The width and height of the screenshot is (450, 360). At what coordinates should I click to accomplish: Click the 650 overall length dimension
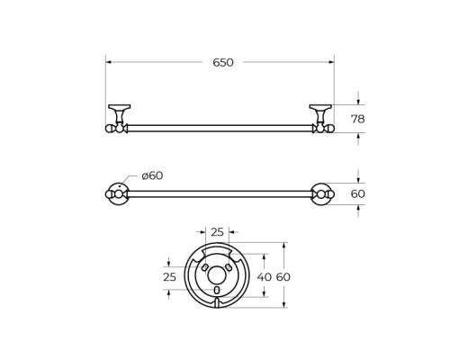(223, 62)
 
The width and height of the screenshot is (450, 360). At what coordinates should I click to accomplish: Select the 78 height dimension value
(357, 119)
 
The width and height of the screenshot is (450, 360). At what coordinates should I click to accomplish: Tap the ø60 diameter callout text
(152, 175)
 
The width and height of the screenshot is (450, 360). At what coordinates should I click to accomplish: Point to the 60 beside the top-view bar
(357, 193)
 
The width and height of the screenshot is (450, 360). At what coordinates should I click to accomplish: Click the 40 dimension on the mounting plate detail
(264, 277)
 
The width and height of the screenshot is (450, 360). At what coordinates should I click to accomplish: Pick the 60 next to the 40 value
(283, 277)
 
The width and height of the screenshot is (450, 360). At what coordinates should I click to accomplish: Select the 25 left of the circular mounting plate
(169, 277)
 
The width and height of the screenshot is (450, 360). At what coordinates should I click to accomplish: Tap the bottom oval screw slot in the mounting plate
(217, 292)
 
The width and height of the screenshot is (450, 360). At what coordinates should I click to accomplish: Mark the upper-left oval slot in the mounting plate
(205, 268)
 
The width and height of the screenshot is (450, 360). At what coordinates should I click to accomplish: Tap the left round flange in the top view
(119, 193)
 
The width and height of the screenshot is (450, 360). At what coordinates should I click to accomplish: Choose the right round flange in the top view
(321, 193)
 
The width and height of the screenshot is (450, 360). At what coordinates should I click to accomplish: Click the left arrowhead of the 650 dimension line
(108, 62)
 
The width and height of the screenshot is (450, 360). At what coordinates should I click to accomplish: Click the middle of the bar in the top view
(220, 193)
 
